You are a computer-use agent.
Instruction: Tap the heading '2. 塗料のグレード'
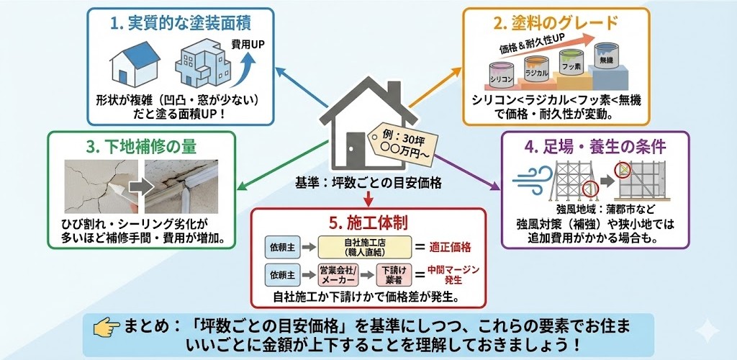coord(556,23)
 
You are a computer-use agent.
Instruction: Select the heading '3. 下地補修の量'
coord(141,146)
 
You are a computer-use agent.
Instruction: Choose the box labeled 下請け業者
coord(394,274)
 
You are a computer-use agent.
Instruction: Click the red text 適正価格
coord(450,248)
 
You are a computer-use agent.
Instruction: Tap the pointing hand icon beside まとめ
coord(107,328)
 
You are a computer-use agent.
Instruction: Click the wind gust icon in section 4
coord(533,178)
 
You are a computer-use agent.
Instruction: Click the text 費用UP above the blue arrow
coord(248,45)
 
